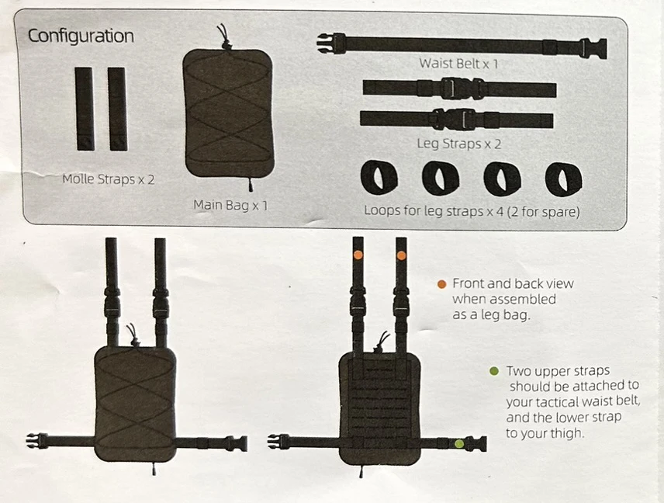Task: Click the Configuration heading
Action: pyautogui.click(x=81, y=36)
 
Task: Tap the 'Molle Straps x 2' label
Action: pyautogui.click(x=109, y=179)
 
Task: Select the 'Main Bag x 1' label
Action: pyautogui.click(x=230, y=206)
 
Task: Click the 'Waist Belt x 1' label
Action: pyautogui.click(x=458, y=64)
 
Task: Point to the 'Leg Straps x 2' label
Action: pyautogui.click(x=459, y=144)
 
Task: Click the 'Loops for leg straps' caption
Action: pyautogui.click(x=472, y=210)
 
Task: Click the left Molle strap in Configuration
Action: pyautogui.click(x=85, y=109)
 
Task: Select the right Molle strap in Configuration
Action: pyautogui.click(x=117, y=109)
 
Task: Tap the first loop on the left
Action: pyautogui.click(x=379, y=177)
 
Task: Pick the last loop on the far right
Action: pyautogui.click(x=564, y=179)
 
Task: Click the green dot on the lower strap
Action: pyautogui.click(x=459, y=444)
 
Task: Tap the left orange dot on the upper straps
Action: pyautogui.click(x=358, y=255)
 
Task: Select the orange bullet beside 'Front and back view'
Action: pyautogui.click(x=441, y=284)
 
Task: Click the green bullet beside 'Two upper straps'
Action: pyautogui.click(x=494, y=371)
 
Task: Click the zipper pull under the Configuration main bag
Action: pyautogui.click(x=251, y=185)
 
